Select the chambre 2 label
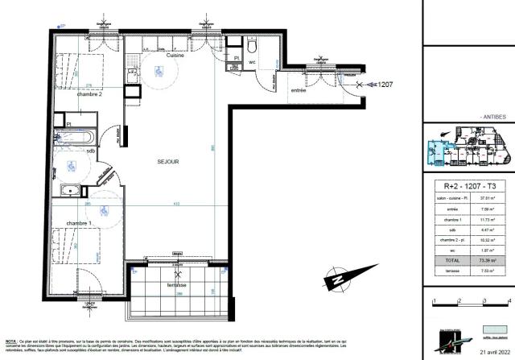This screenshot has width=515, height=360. (89, 94)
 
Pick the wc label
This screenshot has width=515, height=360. (252, 61)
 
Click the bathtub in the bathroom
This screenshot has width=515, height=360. (76, 138)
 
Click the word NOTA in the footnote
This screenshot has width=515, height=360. (10, 342)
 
